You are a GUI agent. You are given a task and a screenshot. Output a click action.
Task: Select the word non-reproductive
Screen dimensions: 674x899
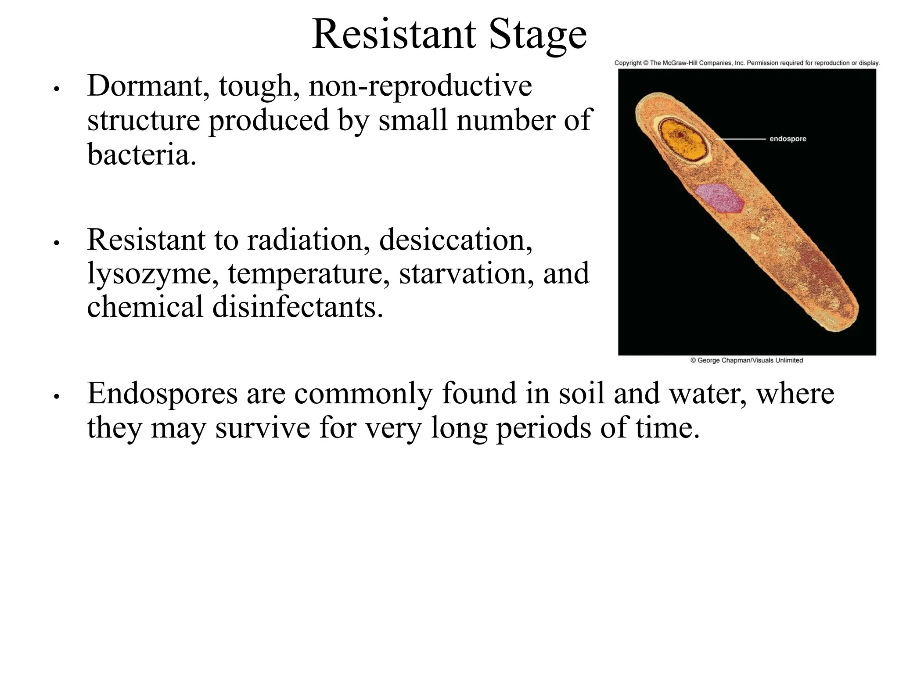click(x=420, y=87)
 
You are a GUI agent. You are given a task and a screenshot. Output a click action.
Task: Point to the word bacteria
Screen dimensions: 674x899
click(x=142, y=154)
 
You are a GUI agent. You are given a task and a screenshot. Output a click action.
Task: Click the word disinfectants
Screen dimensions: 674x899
click(x=298, y=307)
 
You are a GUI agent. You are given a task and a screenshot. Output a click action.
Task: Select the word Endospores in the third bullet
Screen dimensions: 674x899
click(x=162, y=394)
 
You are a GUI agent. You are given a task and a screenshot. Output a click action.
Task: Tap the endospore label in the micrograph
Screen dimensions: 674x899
click(x=788, y=139)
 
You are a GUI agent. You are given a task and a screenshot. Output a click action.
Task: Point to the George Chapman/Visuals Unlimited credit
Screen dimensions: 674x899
click(x=746, y=360)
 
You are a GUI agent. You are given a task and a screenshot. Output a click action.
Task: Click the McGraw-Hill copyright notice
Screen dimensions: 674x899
click(x=747, y=63)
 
